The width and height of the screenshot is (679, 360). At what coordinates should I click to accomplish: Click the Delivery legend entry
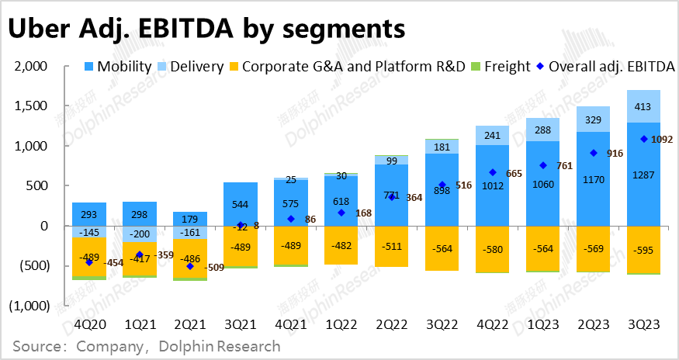point(191,67)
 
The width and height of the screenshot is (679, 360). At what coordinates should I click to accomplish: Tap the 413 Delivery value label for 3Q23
point(644,106)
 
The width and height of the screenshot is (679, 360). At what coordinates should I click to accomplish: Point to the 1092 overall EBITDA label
point(662,140)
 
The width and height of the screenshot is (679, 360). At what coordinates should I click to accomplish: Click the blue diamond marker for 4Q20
point(89,262)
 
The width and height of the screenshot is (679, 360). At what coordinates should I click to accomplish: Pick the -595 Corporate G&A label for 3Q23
point(644,250)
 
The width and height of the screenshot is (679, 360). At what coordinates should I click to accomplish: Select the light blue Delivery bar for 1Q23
point(543,130)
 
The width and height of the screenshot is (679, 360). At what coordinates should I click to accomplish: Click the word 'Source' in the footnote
point(34,345)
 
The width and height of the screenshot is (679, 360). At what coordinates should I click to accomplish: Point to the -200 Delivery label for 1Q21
point(140,234)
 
